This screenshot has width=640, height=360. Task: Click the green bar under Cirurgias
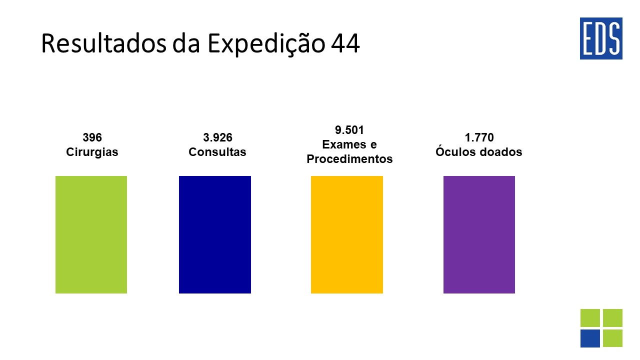click(x=91, y=234)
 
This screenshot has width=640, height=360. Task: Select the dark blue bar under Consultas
click(x=215, y=234)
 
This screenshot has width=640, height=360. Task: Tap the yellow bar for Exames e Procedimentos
click(x=347, y=234)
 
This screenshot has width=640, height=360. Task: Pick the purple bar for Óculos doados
click(x=479, y=234)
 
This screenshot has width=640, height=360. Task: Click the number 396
click(x=92, y=137)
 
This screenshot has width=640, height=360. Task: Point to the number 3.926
click(x=217, y=137)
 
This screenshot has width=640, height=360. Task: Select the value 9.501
click(x=349, y=130)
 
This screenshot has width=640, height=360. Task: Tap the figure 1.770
click(x=479, y=137)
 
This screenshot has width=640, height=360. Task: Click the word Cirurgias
click(x=92, y=152)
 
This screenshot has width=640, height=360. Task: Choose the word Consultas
click(x=217, y=152)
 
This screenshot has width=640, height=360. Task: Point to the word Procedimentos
click(x=349, y=159)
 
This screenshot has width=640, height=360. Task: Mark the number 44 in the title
click(x=344, y=44)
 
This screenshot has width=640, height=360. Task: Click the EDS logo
click(x=601, y=38)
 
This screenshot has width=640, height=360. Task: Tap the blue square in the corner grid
click(x=590, y=338)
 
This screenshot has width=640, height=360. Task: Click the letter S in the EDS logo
click(x=614, y=39)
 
